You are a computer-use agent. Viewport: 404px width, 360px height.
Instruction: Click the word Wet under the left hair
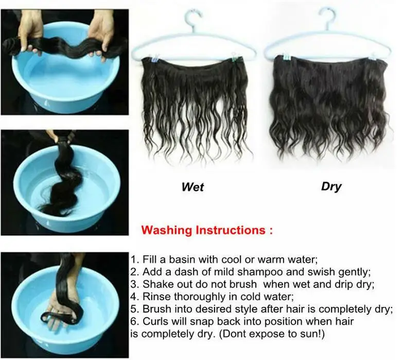click(192, 186)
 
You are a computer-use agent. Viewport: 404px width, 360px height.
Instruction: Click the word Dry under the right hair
click(331, 186)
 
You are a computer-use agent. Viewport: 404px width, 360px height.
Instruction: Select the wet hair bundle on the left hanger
click(193, 103)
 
